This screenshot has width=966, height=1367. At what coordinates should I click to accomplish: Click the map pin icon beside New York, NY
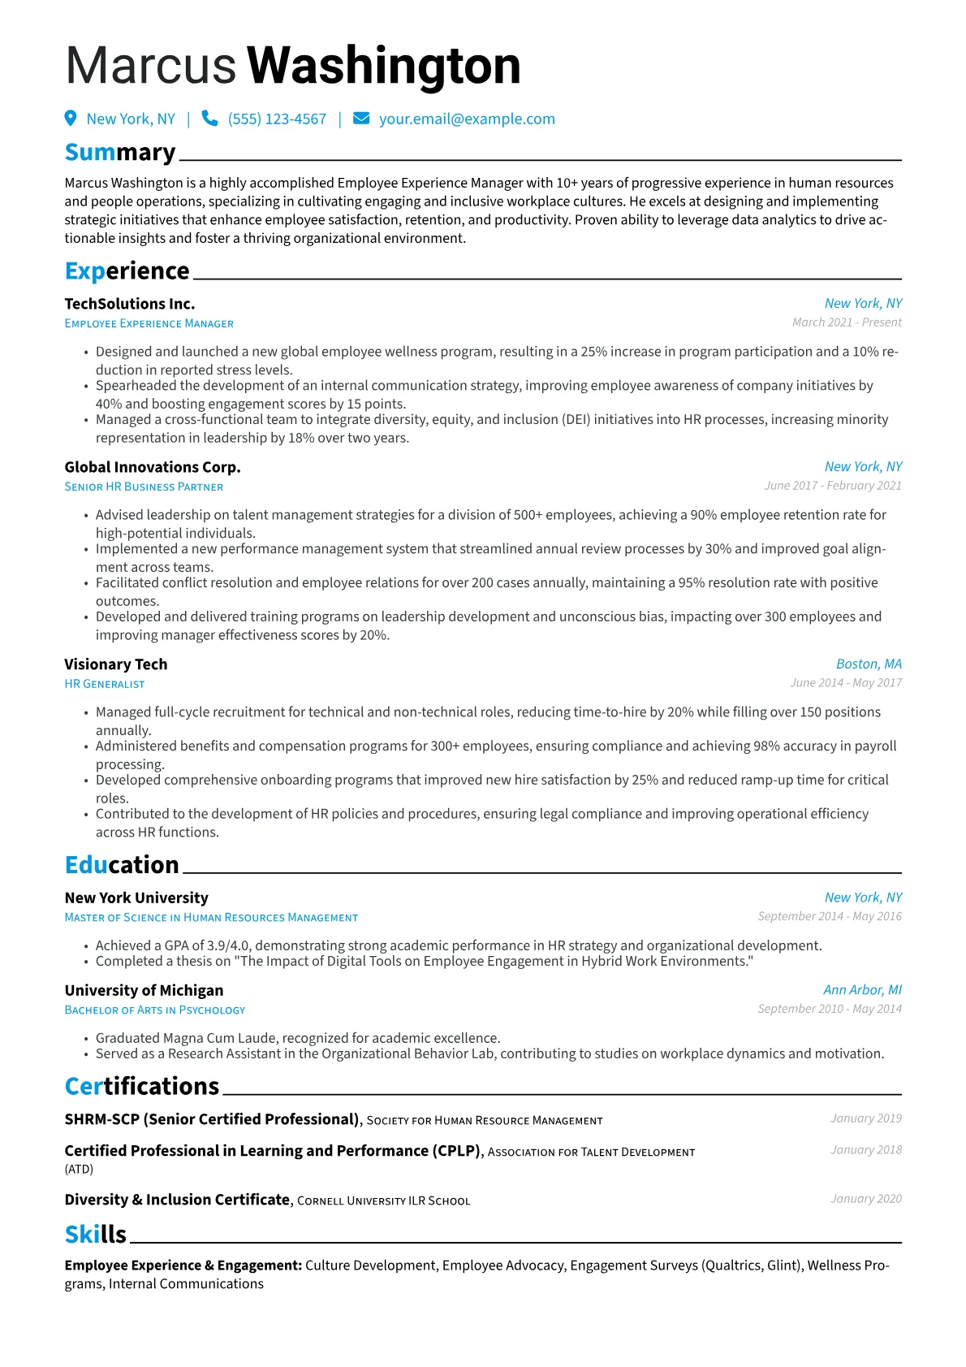click(x=71, y=119)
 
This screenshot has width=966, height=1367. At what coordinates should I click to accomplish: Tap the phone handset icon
click(x=209, y=119)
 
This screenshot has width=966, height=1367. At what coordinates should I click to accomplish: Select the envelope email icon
click(x=361, y=119)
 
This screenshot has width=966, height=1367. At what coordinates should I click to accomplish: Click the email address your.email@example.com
click(x=467, y=119)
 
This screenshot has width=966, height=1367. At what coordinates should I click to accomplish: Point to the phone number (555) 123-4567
click(x=277, y=119)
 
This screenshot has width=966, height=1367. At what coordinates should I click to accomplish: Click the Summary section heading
click(x=120, y=153)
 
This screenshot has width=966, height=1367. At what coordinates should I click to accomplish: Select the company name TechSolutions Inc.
click(x=130, y=304)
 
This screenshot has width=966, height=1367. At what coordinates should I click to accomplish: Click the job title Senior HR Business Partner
click(x=144, y=487)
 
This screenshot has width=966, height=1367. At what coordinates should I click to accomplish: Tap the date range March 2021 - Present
click(x=847, y=322)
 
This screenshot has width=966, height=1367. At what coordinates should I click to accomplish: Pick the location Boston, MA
click(x=869, y=664)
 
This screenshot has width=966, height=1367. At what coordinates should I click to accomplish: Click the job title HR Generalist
click(x=105, y=684)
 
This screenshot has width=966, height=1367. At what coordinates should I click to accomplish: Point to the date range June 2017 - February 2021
click(x=833, y=486)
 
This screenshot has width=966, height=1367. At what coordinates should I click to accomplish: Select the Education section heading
click(x=122, y=865)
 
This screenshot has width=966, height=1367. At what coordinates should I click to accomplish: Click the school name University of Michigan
click(x=144, y=990)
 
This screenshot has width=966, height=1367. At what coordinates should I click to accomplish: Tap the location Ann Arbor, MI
click(x=862, y=989)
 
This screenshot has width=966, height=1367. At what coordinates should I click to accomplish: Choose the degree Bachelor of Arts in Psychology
click(x=155, y=1010)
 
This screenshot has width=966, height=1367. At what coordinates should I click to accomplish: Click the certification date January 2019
click(x=866, y=1118)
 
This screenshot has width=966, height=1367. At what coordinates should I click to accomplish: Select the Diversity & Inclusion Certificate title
click(x=177, y=1200)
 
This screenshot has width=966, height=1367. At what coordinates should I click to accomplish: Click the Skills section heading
click(x=96, y=1235)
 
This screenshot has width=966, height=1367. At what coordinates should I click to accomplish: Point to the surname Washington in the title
click(x=383, y=65)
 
